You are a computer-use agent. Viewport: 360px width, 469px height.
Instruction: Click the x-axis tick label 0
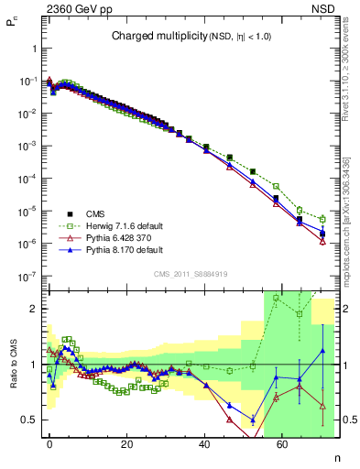click(49, 442)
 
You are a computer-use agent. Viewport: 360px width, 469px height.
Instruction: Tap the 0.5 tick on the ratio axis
click(31, 420)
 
